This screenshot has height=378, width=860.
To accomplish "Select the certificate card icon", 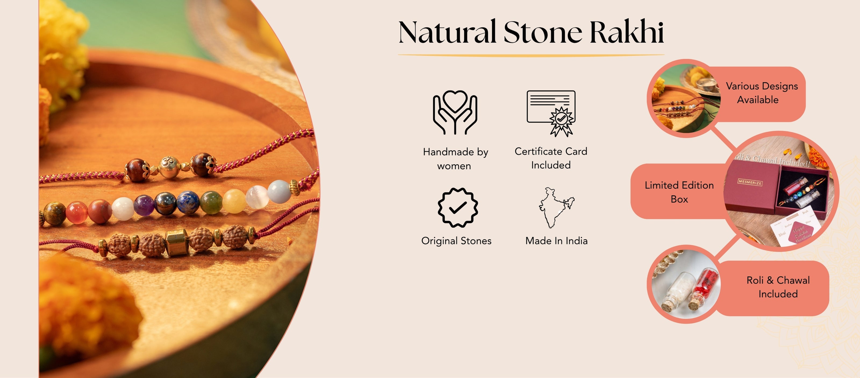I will tap(551, 113).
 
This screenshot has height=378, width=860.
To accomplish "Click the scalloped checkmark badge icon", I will tap(458, 207).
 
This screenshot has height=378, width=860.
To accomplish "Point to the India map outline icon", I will tap(555, 207).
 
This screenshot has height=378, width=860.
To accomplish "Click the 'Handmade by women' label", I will tap(455, 159).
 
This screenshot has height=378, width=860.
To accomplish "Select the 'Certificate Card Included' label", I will tap(551, 158).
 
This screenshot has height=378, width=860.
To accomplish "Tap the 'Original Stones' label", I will tap(456, 241).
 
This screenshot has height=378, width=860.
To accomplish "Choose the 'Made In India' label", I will tap(556, 241).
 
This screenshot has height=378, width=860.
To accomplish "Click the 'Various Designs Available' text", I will tap(762, 93).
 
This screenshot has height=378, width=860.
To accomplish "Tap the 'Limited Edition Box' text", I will tap(679, 192).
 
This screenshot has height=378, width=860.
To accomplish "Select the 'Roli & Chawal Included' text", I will tap(778, 287).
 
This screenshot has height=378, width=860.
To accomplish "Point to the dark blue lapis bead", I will tap(188, 202).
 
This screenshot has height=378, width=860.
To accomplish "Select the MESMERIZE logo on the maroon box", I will tap(750, 182).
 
